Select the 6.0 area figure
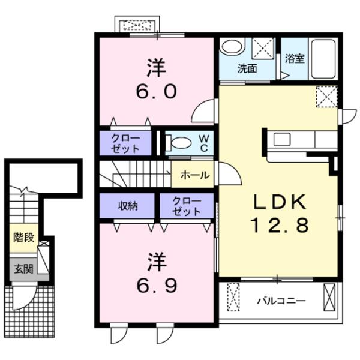[156, 91]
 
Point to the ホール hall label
[194, 175]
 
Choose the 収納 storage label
[127, 206]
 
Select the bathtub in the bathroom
[323, 59]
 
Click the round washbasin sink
[232, 47]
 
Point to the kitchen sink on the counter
[283, 140]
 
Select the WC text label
[204, 143]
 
